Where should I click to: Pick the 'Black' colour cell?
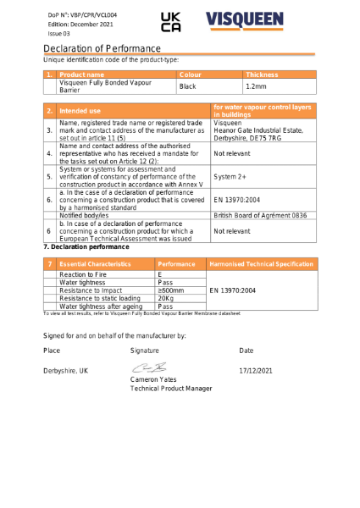point(187,87)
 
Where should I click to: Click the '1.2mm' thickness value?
point(255,87)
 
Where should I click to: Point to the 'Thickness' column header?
point(262,75)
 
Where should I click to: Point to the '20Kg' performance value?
point(166,298)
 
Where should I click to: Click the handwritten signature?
point(147,369)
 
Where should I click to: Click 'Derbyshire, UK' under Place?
point(65,371)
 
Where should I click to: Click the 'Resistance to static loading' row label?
point(99,298)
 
